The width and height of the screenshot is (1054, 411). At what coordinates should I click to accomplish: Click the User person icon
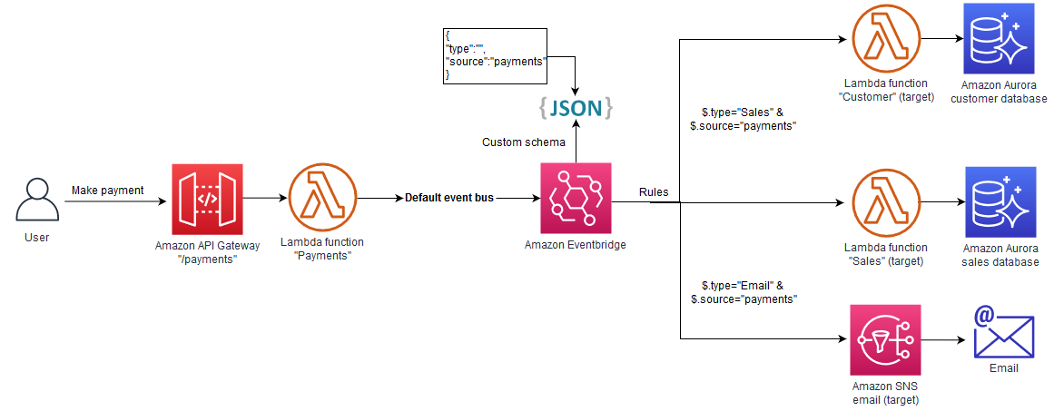(x=37, y=200)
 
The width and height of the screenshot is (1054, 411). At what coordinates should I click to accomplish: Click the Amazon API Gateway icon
(x=206, y=198)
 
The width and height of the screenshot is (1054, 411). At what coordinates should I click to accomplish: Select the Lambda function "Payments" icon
(x=322, y=198)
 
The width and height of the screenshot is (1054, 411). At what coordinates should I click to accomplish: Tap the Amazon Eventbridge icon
(x=576, y=198)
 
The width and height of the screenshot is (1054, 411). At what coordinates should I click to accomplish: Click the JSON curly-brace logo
(x=576, y=108)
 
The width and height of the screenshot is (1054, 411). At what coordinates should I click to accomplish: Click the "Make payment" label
(x=108, y=190)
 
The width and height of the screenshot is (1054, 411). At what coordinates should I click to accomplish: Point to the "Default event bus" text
(x=449, y=198)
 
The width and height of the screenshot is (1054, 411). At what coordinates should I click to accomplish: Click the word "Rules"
(x=654, y=191)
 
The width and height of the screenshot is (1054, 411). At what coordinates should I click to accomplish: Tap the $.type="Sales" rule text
(x=743, y=119)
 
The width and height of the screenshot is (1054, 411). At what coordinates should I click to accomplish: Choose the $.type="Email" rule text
(x=743, y=292)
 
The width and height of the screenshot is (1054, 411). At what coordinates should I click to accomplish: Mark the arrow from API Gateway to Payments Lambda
(x=263, y=198)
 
